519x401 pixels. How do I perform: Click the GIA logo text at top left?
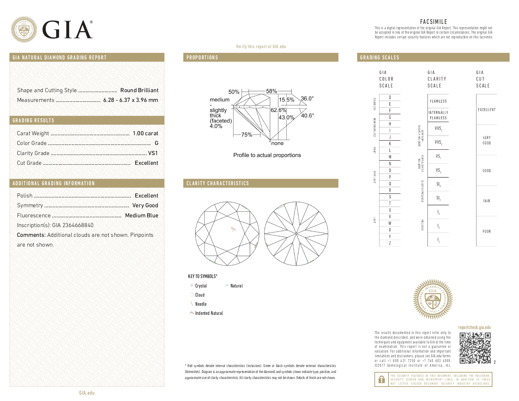[67, 30]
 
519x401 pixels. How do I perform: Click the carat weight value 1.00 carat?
[145, 133]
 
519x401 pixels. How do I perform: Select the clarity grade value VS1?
[153, 153]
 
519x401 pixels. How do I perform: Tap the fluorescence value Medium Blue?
[142, 215]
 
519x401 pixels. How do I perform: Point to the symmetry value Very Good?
[145, 205]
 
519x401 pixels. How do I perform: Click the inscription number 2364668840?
[78, 225]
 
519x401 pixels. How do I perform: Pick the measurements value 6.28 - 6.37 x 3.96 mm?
[131, 100]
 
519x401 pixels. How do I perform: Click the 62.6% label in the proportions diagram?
[278, 110]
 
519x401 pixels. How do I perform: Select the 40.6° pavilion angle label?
[307, 115]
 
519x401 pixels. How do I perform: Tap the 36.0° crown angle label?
[307, 98]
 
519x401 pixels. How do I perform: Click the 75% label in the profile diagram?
[247, 135]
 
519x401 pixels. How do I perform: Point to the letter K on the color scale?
[390, 144]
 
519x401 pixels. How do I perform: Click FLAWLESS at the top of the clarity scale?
[438, 101]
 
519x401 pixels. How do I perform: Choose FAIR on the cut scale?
[487, 201]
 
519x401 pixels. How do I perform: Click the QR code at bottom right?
[475, 348]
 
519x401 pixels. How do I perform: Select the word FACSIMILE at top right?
[433, 22]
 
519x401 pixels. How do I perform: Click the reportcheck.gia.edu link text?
[474, 327]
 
